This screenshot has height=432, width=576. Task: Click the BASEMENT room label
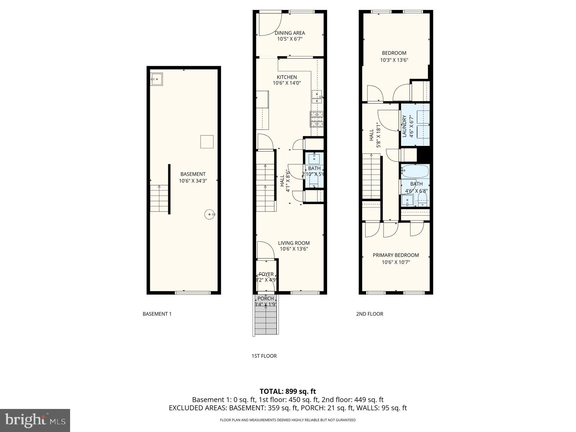pyautogui.click(x=193, y=174)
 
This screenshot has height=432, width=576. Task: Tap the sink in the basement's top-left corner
pyautogui.click(x=157, y=79)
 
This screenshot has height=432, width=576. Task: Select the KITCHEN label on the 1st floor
pyautogui.click(x=287, y=77)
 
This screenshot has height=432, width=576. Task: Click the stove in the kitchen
pyautogui.click(x=316, y=119)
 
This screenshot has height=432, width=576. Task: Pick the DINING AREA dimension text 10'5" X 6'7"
pyautogui.click(x=290, y=39)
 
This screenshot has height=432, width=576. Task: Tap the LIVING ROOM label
pyautogui.click(x=294, y=243)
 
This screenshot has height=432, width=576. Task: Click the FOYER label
pyautogui.click(x=266, y=274)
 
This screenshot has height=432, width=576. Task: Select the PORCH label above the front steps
pyautogui.click(x=266, y=299)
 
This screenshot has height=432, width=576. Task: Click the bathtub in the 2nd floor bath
pyautogui.click(x=415, y=172)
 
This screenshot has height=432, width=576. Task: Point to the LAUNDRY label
pyautogui.click(x=404, y=126)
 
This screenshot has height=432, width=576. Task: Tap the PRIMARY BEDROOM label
pyautogui.click(x=396, y=255)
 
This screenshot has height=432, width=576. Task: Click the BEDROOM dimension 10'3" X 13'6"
pyautogui.click(x=394, y=60)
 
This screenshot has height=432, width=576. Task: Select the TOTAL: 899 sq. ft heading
pyautogui.click(x=287, y=391)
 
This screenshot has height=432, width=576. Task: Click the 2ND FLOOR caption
pyautogui.click(x=369, y=314)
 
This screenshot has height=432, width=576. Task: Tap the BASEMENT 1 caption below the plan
pyautogui.click(x=157, y=314)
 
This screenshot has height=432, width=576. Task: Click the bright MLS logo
pyautogui.click(x=35, y=420)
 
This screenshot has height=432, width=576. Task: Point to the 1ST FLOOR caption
pyautogui.click(x=264, y=356)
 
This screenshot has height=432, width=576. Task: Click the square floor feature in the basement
pyautogui.click(x=207, y=142)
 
